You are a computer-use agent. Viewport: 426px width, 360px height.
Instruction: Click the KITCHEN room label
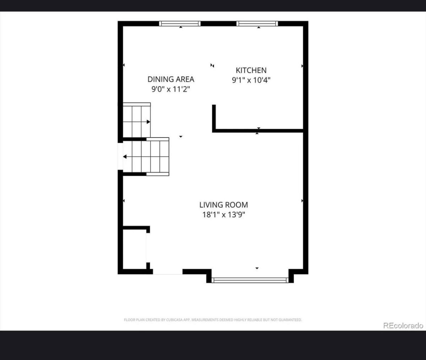251,71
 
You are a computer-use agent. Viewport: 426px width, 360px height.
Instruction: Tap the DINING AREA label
171,79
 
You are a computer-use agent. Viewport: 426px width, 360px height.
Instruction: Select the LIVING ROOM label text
224,205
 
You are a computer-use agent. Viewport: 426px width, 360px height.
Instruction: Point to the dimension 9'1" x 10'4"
251,80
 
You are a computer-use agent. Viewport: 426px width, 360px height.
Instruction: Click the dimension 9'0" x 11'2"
171,89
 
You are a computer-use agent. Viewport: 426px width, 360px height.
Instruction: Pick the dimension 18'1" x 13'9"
224,215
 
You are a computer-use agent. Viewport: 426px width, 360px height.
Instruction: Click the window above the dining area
180,24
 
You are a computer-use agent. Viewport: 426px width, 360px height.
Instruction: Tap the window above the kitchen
257,24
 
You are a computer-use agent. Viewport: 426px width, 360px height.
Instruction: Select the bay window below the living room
250,280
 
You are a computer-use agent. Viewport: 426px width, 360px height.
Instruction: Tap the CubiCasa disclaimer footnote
213,320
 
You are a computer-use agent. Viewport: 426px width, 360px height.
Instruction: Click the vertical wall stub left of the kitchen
214,118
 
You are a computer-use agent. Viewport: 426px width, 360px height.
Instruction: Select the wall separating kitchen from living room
258,131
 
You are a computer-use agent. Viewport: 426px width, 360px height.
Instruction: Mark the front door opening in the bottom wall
168,272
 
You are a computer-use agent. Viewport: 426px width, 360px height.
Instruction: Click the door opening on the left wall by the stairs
120,156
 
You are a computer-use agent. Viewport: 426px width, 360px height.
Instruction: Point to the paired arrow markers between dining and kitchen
212,66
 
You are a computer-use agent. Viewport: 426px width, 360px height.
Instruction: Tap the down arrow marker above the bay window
257,268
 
